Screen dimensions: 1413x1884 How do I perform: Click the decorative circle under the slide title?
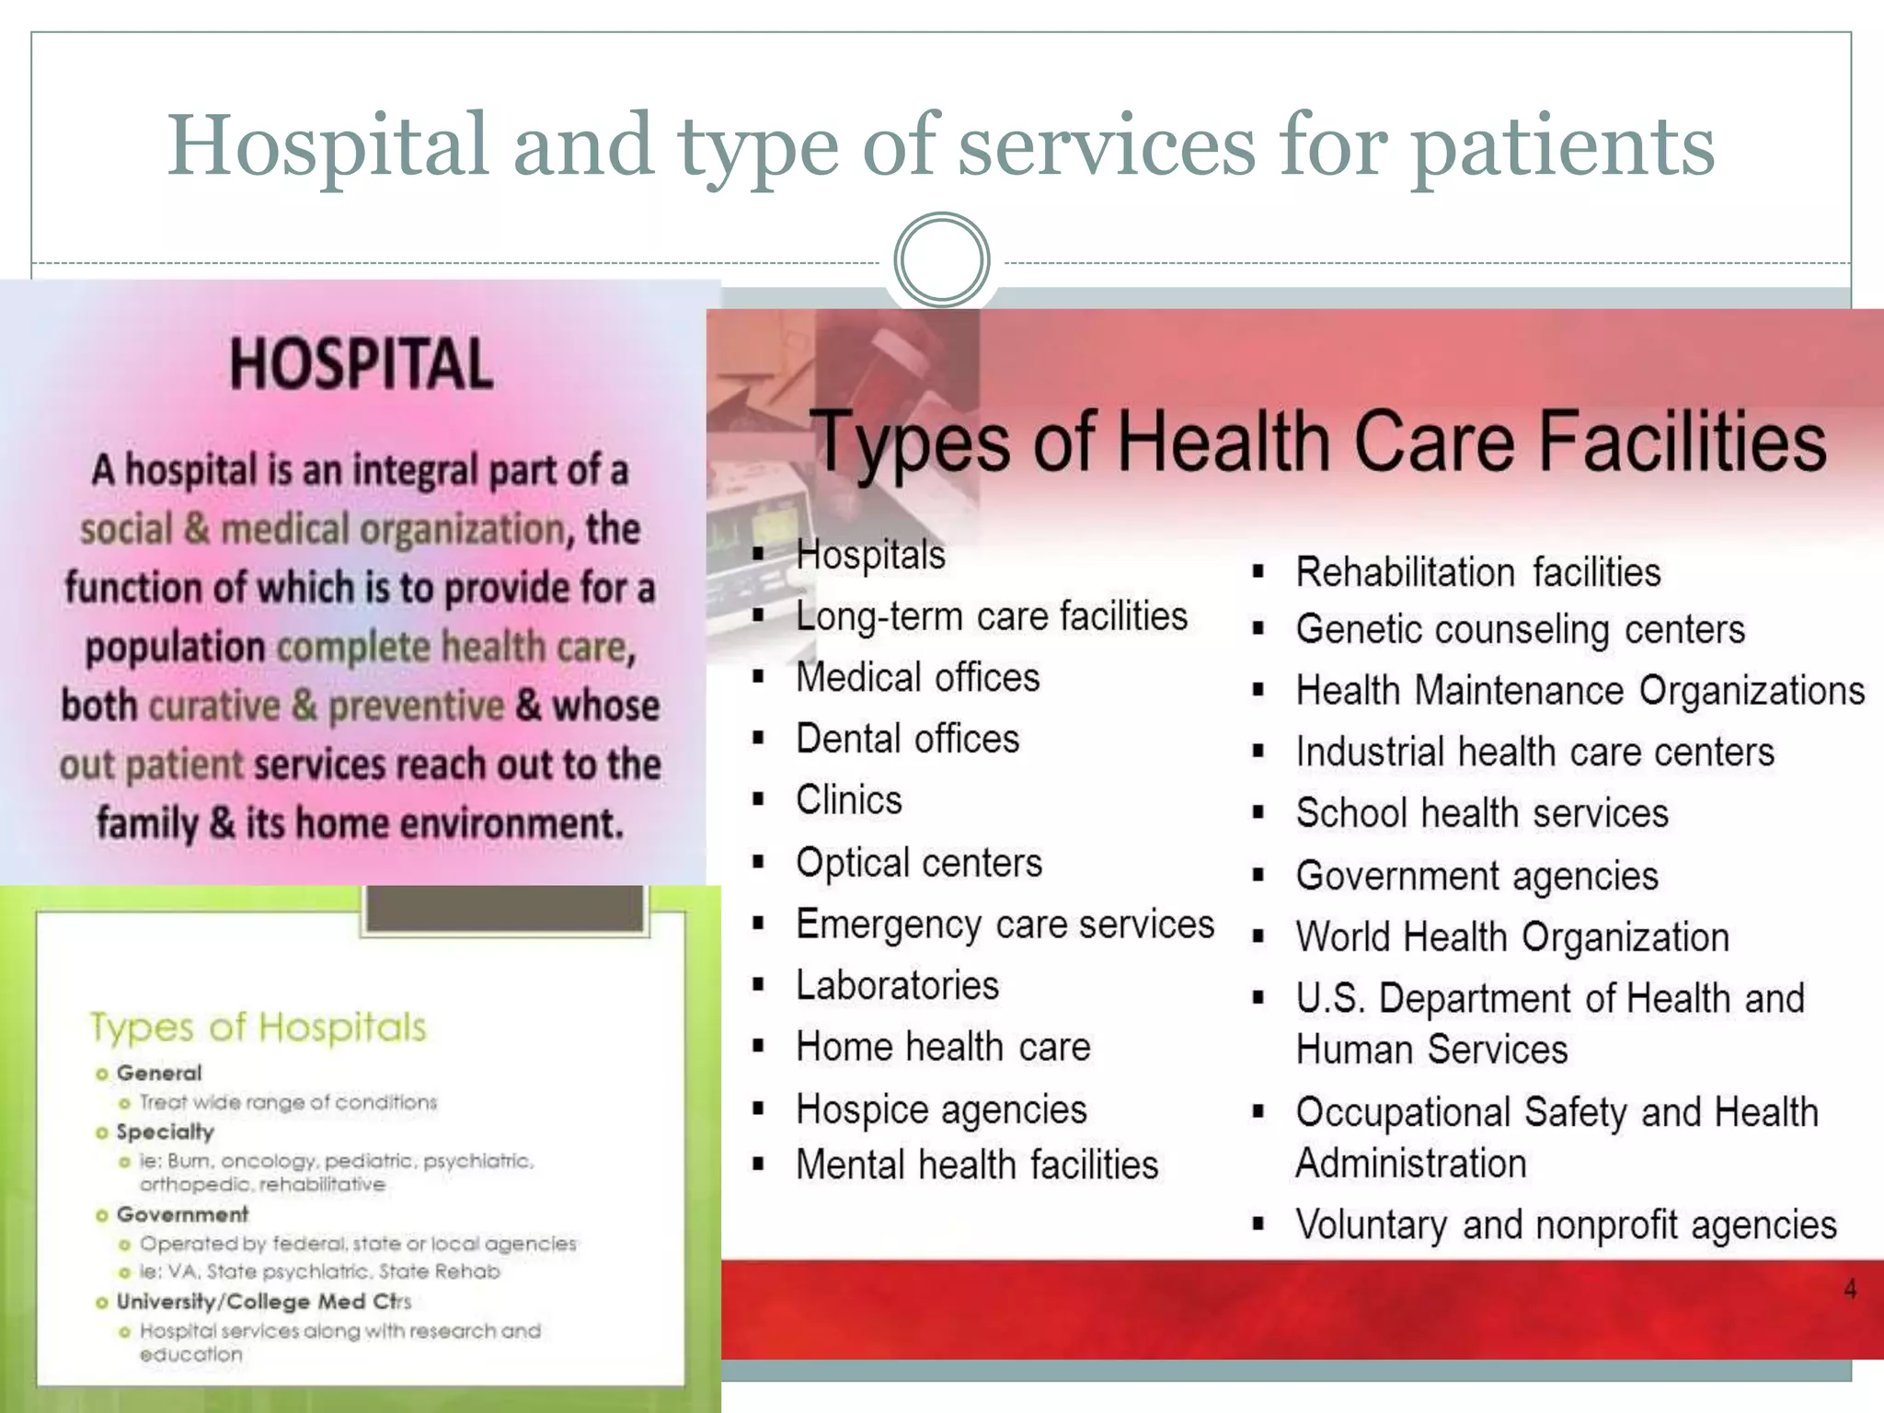tap(941, 260)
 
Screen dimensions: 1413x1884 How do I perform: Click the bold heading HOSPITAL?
tap(361, 364)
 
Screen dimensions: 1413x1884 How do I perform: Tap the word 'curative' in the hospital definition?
tap(214, 706)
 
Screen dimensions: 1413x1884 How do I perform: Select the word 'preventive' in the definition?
tap(416, 706)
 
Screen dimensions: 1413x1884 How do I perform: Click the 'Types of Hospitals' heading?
tap(258, 1027)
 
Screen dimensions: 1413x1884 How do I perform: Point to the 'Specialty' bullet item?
tap(165, 1132)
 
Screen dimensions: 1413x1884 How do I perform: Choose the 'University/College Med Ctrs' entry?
tap(263, 1302)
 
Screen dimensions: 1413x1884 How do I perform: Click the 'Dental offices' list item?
tap(907, 739)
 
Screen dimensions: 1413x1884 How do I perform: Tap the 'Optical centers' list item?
tap(919, 863)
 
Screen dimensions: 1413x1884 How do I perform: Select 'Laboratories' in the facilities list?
tap(897, 985)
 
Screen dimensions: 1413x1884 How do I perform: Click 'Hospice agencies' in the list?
tap(941, 1109)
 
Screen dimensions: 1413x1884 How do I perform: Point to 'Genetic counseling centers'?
tap(1520, 630)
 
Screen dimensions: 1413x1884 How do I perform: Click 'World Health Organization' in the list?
tap(1512, 937)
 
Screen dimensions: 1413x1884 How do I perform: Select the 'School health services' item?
tap(1482, 813)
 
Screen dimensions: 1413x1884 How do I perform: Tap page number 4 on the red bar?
tap(1850, 1290)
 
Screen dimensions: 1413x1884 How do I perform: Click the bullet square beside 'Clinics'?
tap(759, 799)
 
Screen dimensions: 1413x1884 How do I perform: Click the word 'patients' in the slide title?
tap(1563, 147)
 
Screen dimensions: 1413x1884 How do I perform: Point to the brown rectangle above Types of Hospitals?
tap(504, 909)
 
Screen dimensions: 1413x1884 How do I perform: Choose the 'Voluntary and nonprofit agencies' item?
tap(1566, 1225)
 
